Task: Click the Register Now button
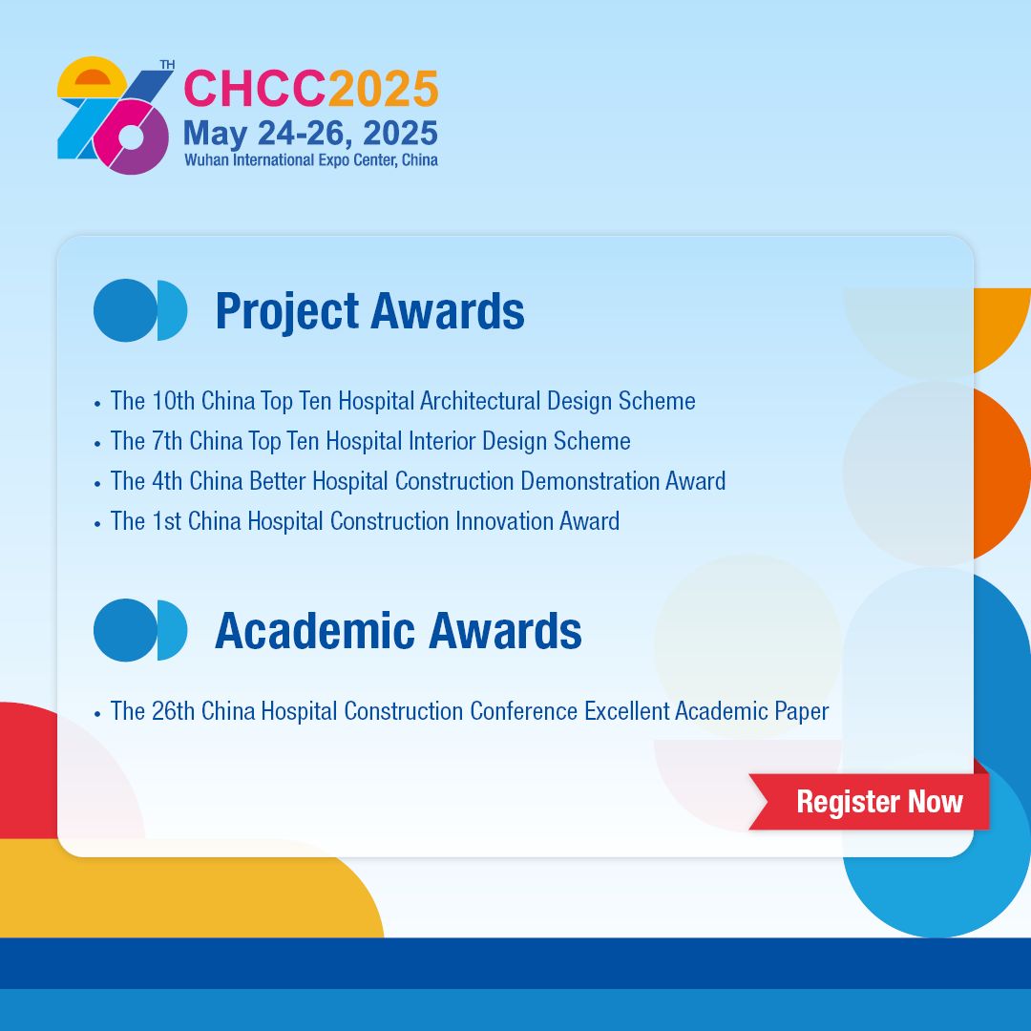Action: click(x=870, y=802)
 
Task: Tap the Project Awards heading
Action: click(x=370, y=311)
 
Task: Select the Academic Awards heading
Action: click(x=398, y=631)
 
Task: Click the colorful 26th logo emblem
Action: click(x=116, y=116)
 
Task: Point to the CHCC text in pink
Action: click(x=255, y=88)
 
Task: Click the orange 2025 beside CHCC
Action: click(x=384, y=88)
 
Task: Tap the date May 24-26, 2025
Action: click(x=310, y=134)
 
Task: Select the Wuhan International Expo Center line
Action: click(x=311, y=159)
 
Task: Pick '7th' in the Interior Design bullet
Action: click(x=167, y=440)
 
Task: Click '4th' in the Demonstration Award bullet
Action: click(x=167, y=480)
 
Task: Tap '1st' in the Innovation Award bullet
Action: click(x=166, y=521)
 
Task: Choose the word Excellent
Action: click(x=626, y=711)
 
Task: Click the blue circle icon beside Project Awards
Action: click(x=140, y=310)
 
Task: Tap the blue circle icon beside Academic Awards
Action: click(x=140, y=630)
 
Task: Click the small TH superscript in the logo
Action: click(x=167, y=65)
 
